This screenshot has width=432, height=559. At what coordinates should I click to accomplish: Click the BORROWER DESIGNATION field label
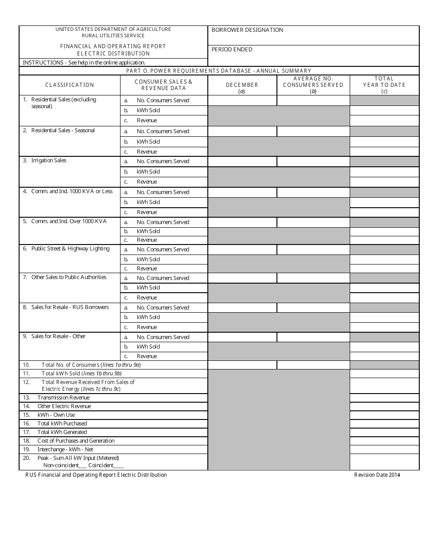pyautogui.click(x=247, y=30)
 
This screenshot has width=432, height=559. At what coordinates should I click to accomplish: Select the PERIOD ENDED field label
pyautogui.click(x=232, y=50)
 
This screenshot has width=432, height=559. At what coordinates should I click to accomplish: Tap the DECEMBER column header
pyautogui.click(x=242, y=85)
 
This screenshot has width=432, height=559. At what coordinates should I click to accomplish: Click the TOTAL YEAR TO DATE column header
pyautogui.click(x=384, y=82)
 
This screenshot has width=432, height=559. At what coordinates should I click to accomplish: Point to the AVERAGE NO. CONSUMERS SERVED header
pyautogui.click(x=313, y=82)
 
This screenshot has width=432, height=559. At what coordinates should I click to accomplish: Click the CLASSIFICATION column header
pyautogui.click(x=70, y=85)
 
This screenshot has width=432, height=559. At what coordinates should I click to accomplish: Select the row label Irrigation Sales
pyautogui.click(x=49, y=160)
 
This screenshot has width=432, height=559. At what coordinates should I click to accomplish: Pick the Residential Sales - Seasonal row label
pyautogui.click(x=63, y=130)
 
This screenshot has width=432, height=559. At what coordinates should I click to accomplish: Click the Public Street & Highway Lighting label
pyautogui.click(x=70, y=249)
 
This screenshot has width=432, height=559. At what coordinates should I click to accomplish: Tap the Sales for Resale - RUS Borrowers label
pyautogui.click(x=70, y=307)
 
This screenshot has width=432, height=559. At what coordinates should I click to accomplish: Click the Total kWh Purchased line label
pyautogui.click(x=62, y=424)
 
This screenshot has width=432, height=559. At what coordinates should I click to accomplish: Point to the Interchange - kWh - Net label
pyautogui.click(x=65, y=449)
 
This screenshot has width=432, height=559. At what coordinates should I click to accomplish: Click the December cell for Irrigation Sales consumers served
pyautogui.click(x=242, y=161)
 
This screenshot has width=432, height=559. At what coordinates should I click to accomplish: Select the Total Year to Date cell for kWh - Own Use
pyautogui.click(x=384, y=415)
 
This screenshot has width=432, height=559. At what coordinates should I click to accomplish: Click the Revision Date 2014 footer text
pyautogui.click(x=377, y=475)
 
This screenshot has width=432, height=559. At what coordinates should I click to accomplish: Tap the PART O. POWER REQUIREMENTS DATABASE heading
pyautogui.click(x=219, y=71)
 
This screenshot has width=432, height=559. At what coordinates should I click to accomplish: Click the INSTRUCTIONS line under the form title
pyautogui.click(x=84, y=63)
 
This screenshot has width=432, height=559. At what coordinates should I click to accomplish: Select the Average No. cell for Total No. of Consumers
pyautogui.click(x=313, y=365)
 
